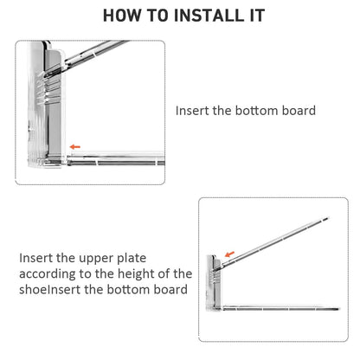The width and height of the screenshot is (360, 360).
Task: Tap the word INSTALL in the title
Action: [209, 16]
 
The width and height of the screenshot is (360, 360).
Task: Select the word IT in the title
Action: [257, 16]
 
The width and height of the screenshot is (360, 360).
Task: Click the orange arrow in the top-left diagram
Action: [75, 147]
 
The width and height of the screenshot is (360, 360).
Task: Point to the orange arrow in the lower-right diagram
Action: [229, 254]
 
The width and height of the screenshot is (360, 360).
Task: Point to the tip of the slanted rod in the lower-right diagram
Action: [328, 218]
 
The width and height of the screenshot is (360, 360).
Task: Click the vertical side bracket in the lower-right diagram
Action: [214, 283]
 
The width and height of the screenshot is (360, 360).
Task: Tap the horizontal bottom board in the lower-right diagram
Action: [280, 309]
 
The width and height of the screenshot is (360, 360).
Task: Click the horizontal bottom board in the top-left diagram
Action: [116, 160]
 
